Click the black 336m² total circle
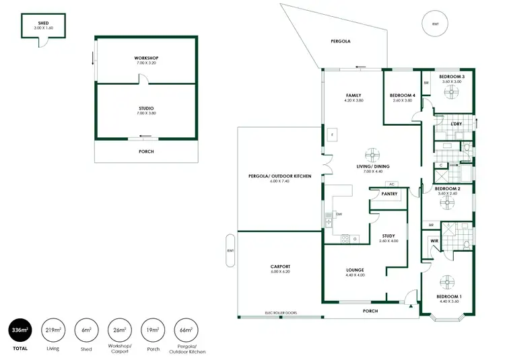pyautogui.click(x=20, y=330)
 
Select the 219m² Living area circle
pyautogui.click(x=53, y=330)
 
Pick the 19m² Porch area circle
pyautogui.click(x=152, y=330)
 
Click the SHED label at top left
pyautogui.click(x=42, y=23)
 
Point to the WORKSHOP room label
pyautogui.click(x=146, y=59)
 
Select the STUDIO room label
pyautogui.click(x=146, y=108)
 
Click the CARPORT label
pyautogui.click(x=279, y=266)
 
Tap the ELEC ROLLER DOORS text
pyautogui.click(x=281, y=313)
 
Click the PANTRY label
pyautogui.click(x=389, y=194)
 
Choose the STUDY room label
pyautogui.click(x=389, y=236)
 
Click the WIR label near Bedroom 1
pyautogui.click(x=434, y=240)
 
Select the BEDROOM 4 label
pyautogui.click(x=403, y=96)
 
